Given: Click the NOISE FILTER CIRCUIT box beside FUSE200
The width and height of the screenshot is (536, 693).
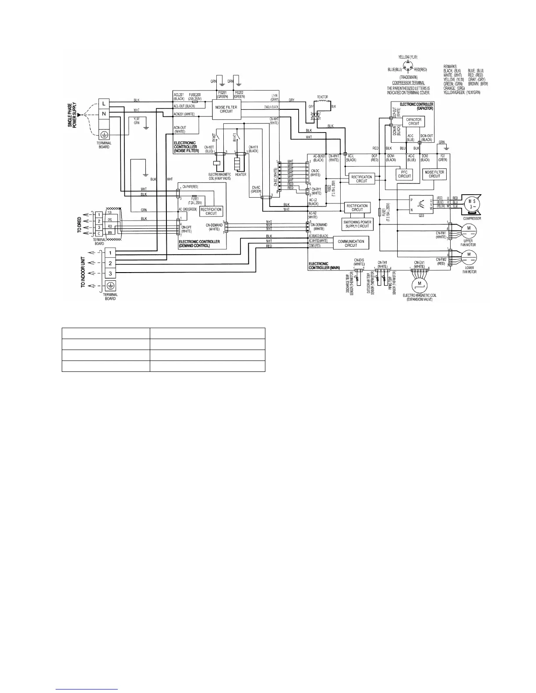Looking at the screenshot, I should tap(226, 109).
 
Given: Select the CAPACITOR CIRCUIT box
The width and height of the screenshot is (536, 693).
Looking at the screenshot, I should tap(414, 121).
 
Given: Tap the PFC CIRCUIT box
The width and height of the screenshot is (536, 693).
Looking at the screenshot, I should tap(404, 174).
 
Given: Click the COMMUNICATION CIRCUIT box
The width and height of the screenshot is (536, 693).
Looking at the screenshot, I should tap(351, 243).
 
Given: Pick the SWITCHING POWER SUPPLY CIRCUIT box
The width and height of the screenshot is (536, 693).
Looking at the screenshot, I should tap(357, 224).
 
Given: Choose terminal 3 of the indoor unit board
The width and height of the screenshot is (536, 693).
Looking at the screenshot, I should tap(110, 273).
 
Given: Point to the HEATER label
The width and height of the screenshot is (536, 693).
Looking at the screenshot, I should tap(240, 175).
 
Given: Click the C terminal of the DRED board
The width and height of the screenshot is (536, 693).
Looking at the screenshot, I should tap(99, 233).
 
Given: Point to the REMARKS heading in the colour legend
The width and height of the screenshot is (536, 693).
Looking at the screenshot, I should tap(450, 66).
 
